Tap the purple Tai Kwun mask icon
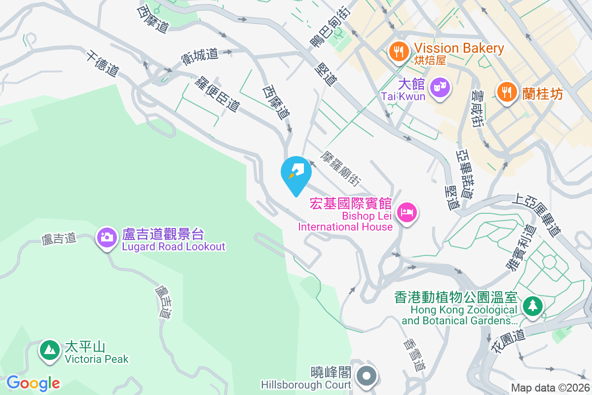pyautogui.click(x=439, y=88)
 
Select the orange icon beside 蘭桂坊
pyautogui.click(x=506, y=91)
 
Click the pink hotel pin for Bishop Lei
pyautogui.click(x=407, y=212)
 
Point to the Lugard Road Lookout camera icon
pyautogui.click(x=107, y=237)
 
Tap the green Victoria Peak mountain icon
pyautogui.click(x=49, y=350)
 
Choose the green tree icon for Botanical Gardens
pyautogui.click(x=532, y=306)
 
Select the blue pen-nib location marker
pyautogui.click(x=296, y=173)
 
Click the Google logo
pyautogui.click(x=34, y=383)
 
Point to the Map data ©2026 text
pyautogui.click(x=550, y=388)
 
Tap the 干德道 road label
pyautogui.click(x=102, y=63)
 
